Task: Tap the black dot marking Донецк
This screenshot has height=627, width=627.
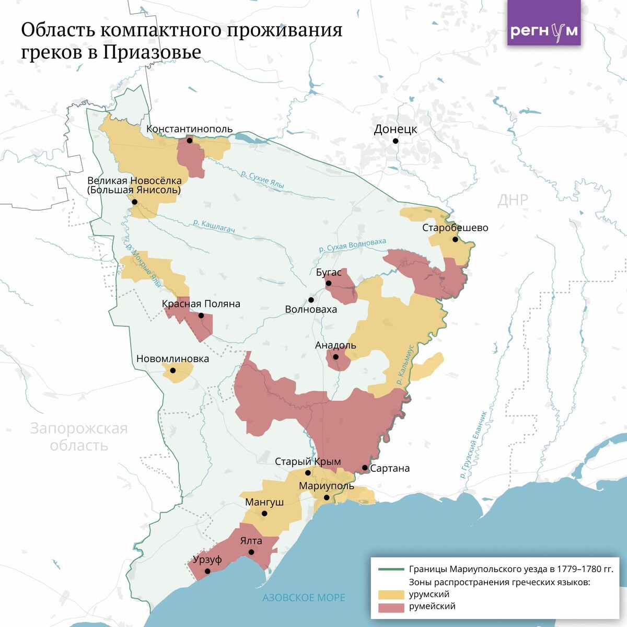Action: [396, 141]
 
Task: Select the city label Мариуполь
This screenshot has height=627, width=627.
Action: [326, 486]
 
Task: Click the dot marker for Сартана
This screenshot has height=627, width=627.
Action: [365, 468]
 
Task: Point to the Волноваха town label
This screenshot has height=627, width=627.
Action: [311, 309]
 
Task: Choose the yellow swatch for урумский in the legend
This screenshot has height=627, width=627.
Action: [391, 595]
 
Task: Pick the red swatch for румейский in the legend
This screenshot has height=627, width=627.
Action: [391, 607]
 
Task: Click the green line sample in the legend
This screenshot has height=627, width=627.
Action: [391, 569]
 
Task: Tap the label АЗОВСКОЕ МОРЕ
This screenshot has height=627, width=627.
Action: [304, 598]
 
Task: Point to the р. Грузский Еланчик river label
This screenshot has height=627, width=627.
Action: [473, 445]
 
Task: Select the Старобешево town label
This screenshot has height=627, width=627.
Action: [455, 228]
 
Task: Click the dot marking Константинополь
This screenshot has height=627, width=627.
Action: [190, 141]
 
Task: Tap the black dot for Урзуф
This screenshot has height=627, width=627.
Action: [207, 571]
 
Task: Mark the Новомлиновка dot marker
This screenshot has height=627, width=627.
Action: [173, 370]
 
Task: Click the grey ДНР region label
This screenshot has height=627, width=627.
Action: [513, 200]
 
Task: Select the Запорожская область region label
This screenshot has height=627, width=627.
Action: [79, 437]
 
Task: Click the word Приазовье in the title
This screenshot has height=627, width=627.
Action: [152, 52]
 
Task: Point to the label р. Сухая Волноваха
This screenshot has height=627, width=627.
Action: [353, 246]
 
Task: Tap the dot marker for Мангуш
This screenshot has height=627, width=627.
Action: [264, 514]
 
